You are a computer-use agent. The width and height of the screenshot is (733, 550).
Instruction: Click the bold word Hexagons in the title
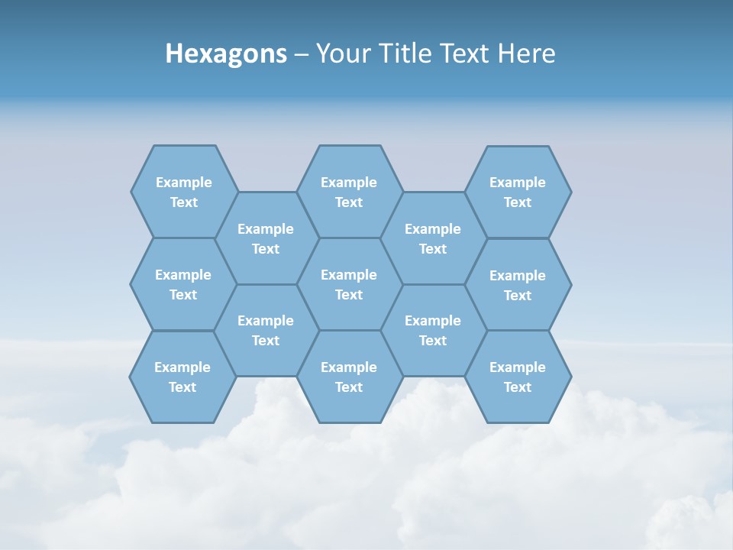tap(226, 53)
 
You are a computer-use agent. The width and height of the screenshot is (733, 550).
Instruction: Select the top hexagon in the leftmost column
tap(184, 192)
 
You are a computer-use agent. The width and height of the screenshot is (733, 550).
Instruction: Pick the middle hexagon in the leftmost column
tap(183, 284)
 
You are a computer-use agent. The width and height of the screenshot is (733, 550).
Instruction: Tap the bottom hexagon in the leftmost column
tap(182, 377)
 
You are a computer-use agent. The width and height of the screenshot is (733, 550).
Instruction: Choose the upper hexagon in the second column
tap(266, 238)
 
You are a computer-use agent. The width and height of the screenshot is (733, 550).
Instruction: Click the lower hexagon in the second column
tap(266, 330)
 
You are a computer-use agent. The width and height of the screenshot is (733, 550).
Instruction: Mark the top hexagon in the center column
tap(349, 192)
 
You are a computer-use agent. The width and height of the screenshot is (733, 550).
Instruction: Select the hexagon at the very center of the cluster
tap(349, 284)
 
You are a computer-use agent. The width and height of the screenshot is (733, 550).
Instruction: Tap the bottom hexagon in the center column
tap(349, 377)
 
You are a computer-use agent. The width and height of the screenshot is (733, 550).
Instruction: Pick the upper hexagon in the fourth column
tap(433, 238)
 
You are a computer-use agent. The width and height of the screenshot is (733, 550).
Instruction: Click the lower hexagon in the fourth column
tap(433, 330)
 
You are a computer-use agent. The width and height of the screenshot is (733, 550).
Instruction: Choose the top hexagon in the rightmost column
tap(518, 192)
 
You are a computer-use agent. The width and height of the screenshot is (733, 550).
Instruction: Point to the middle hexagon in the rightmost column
tap(518, 285)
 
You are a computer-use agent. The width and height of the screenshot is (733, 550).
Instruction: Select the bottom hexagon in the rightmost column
tap(518, 377)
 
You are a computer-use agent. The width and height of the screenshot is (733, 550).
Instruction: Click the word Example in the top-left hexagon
tap(184, 183)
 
